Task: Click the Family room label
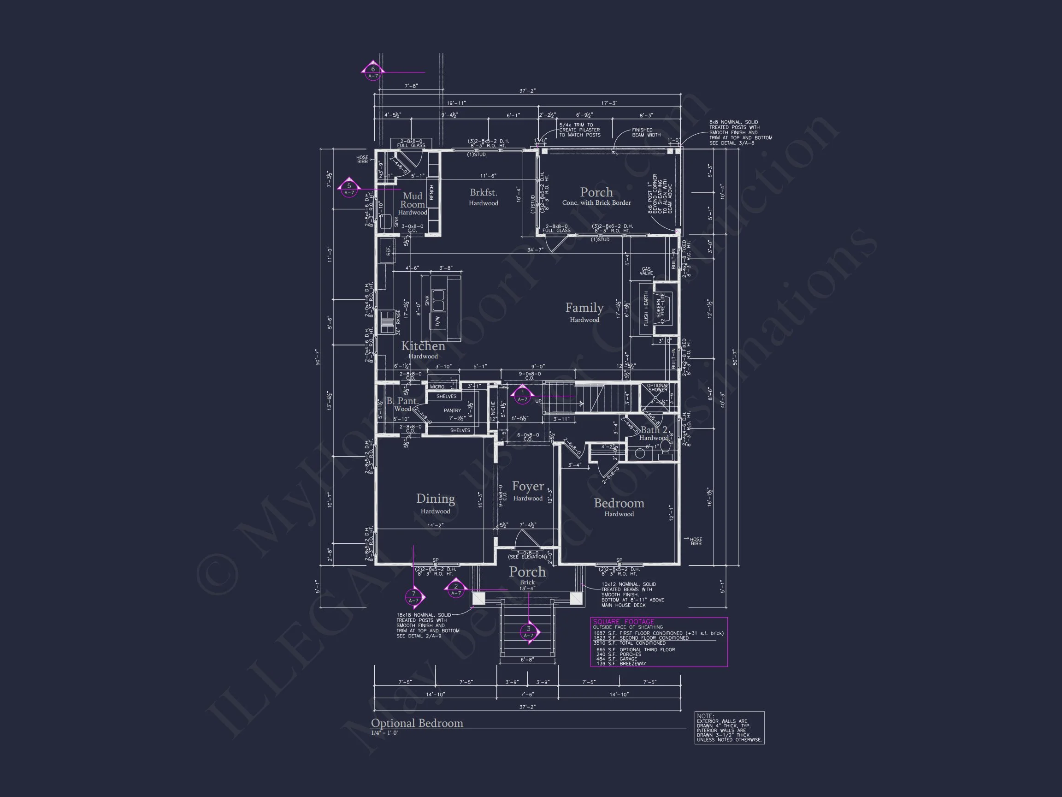pos(584,308)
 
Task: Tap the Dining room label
pos(436,499)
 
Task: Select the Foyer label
pos(528,486)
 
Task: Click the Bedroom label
pos(619,503)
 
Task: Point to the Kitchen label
pos(423,346)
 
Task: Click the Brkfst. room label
pos(484,193)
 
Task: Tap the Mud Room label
pos(413,200)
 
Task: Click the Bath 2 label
pos(654,430)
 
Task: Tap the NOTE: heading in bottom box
pos(705,716)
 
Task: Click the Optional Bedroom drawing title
pos(417,723)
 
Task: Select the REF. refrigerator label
pos(388,251)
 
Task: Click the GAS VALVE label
pos(646,271)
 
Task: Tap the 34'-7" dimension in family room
pos(535,250)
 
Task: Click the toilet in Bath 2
pos(665,448)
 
